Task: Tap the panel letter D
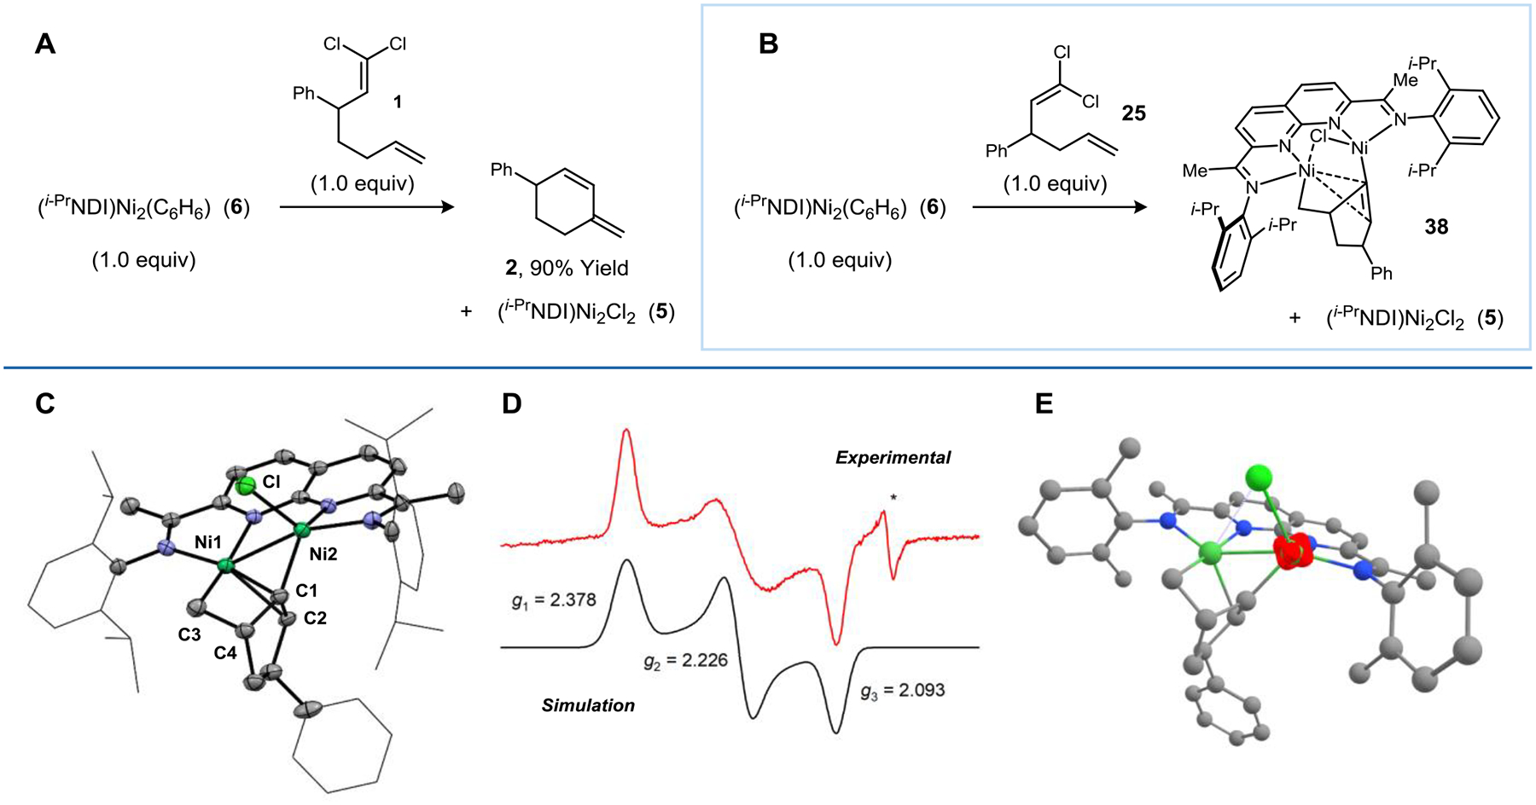click(x=511, y=403)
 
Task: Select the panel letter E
click(x=1044, y=403)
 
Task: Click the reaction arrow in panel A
click(x=367, y=206)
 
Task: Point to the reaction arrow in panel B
click(x=1059, y=206)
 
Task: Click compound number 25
click(x=1133, y=113)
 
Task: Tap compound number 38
click(x=1436, y=227)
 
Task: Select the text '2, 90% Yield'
click(x=567, y=268)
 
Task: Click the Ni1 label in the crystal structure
click(x=207, y=542)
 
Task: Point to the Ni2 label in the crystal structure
click(x=323, y=554)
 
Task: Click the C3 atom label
click(x=189, y=634)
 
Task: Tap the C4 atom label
click(x=225, y=653)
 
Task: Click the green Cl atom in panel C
click(x=246, y=487)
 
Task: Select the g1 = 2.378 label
click(x=554, y=601)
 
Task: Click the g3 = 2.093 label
click(x=902, y=690)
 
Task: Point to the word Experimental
click(x=893, y=458)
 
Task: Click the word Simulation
click(x=588, y=705)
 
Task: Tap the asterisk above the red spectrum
click(x=893, y=497)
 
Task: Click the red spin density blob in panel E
click(x=1295, y=553)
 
